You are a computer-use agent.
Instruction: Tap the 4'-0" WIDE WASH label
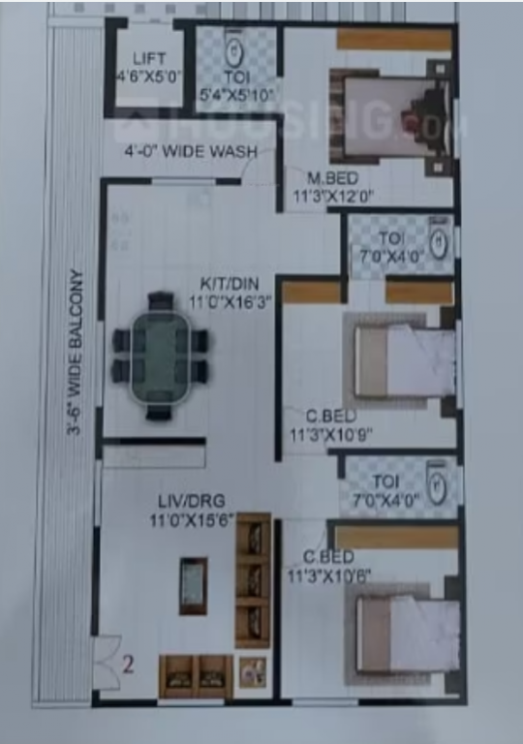[190, 152]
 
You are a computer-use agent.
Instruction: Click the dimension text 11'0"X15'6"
[186, 520]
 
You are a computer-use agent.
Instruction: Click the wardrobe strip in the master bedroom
[394, 41]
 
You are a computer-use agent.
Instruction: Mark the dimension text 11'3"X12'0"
[339, 194]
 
